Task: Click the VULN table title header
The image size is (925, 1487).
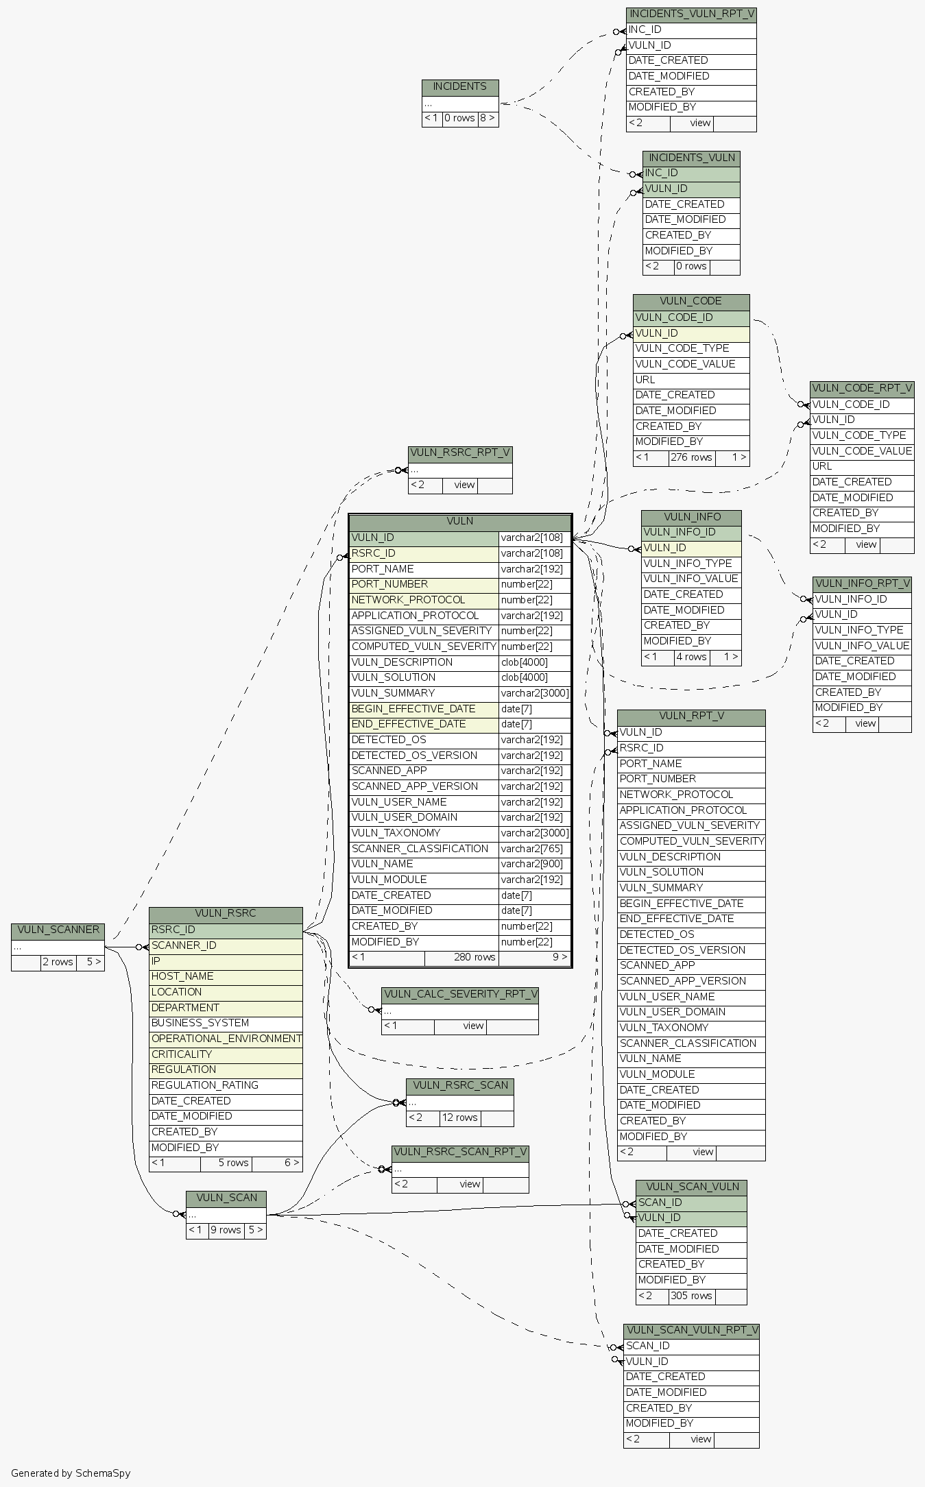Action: (459, 522)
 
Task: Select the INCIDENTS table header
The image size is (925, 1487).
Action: (459, 87)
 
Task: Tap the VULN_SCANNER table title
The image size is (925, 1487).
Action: (58, 930)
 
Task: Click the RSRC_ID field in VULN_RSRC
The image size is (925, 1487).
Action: (173, 930)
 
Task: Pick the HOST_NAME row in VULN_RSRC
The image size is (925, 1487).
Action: (182, 976)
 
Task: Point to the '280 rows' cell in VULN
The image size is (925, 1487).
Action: (474, 957)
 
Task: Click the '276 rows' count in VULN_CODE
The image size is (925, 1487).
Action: (691, 457)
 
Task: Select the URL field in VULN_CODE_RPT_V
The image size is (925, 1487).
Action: (822, 466)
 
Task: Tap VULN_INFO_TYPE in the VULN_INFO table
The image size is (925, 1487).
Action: (688, 564)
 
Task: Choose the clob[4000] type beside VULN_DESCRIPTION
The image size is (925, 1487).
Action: (524, 662)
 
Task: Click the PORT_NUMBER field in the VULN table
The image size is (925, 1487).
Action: (389, 584)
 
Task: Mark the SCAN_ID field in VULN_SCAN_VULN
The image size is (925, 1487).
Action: (660, 1202)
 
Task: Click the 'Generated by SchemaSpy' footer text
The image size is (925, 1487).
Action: (71, 1473)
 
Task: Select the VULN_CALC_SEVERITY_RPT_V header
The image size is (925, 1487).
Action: (460, 994)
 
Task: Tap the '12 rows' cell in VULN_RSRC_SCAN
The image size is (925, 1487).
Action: (459, 1117)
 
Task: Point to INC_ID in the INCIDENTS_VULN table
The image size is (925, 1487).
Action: (661, 173)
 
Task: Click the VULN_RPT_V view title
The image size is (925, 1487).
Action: (690, 716)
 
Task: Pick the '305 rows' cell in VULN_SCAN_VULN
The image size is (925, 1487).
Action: (691, 1296)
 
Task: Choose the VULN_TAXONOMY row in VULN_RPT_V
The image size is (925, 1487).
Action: (664, 1028)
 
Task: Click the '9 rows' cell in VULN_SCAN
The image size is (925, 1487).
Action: (226, 1230)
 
